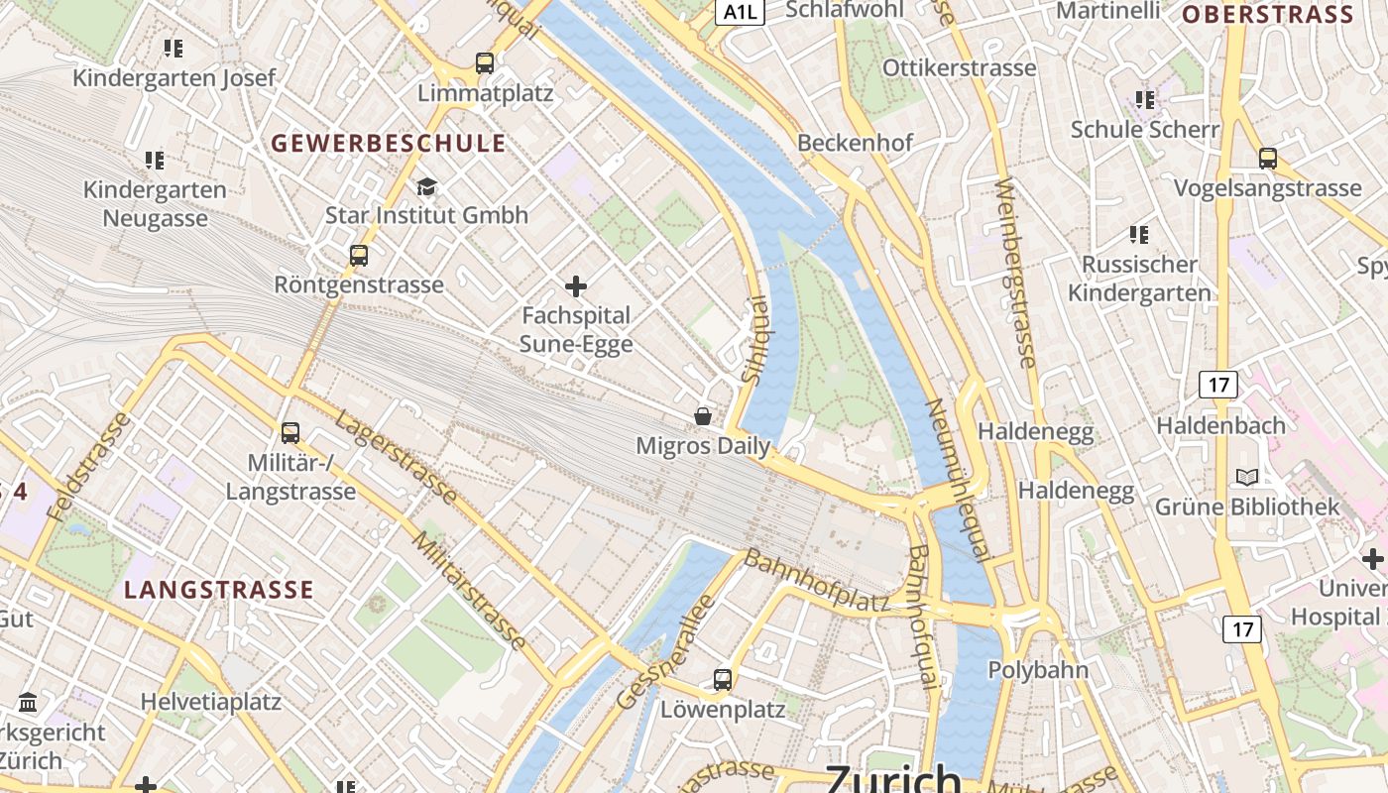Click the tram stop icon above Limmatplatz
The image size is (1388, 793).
[485, 63]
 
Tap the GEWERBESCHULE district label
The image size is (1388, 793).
[389, 143]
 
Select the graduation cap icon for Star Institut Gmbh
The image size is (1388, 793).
[426, 186]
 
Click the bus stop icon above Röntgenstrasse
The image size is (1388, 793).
[359, 256]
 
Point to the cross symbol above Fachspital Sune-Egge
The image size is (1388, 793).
[576, 287]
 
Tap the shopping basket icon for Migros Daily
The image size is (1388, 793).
[703, 416]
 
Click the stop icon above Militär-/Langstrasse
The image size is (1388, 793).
[290, 433]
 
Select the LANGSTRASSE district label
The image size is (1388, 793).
[219, 590]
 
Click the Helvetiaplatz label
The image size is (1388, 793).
[211, 702]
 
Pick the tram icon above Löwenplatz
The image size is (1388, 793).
[723, 680]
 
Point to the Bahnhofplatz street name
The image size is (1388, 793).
[817, 582]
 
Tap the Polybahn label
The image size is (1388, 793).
[1038, 669]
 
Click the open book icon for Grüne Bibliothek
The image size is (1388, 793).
[1247, 478]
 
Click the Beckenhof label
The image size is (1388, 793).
[855, 143]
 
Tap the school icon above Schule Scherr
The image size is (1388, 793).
[1145, 100]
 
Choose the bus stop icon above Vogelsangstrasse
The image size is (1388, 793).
[1267, 159]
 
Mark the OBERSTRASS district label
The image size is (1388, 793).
[1267, 15]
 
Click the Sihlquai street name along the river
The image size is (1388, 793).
[754, 339]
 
